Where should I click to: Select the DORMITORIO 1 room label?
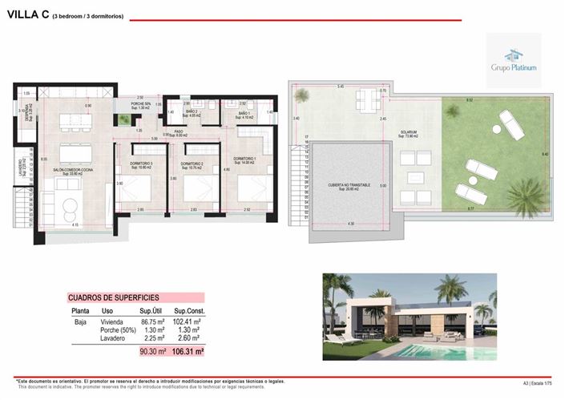245,160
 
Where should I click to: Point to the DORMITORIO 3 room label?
141,164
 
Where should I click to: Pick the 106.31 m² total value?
188,351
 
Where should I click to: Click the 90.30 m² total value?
152,351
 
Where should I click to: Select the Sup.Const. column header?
192,310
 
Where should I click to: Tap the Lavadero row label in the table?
113,339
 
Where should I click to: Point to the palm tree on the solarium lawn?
524,195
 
